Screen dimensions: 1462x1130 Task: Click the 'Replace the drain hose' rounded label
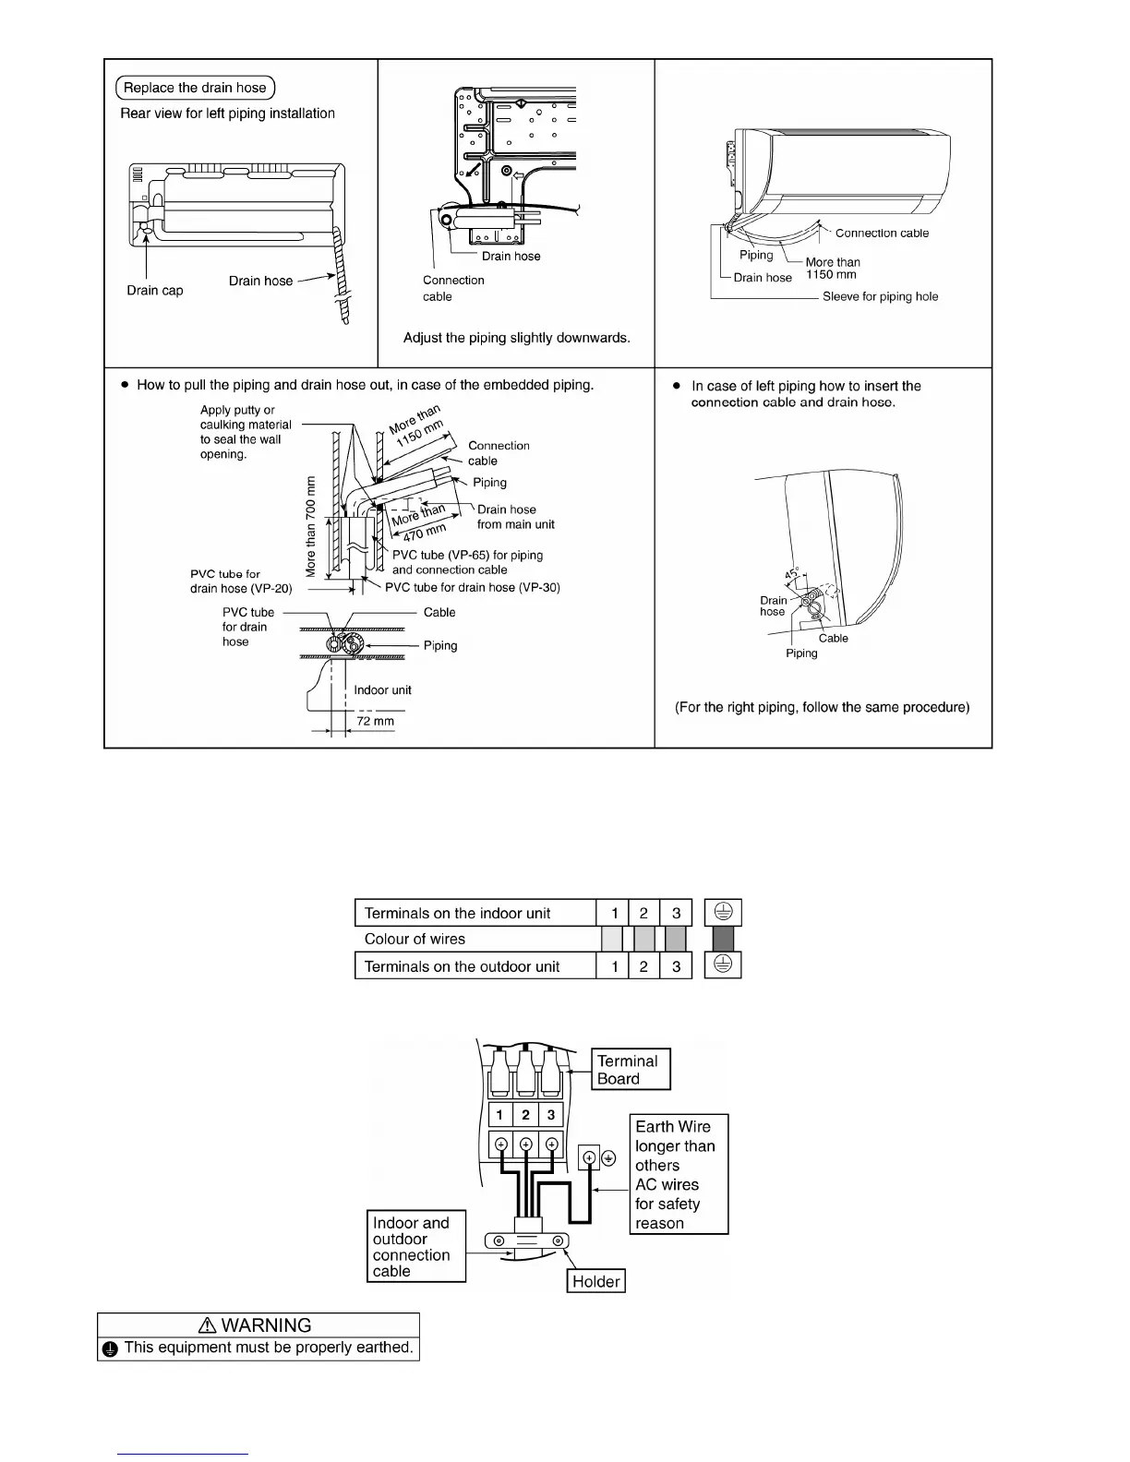195,88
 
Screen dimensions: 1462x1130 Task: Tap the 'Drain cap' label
155,290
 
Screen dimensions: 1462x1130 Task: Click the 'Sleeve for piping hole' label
880,296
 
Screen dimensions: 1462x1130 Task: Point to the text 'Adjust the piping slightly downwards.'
517,338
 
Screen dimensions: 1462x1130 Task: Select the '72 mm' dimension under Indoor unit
375,721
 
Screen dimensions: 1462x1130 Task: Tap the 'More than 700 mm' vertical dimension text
310,526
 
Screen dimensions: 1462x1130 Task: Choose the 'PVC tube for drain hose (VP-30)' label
473,587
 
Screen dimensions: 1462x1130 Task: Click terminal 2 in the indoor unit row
643,913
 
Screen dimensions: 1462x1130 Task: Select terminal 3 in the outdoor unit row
676,966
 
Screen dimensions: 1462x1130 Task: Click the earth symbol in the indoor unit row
723,913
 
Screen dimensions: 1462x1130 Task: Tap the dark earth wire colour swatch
723,939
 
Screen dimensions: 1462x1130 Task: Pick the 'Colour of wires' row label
415,939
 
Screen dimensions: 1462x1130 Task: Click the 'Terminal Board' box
631,1070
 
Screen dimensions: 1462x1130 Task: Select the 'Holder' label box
595,1281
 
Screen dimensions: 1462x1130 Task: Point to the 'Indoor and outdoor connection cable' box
415,1247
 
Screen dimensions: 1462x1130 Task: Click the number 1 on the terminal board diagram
499,1115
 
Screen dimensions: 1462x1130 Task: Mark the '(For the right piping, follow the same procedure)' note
823,707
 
